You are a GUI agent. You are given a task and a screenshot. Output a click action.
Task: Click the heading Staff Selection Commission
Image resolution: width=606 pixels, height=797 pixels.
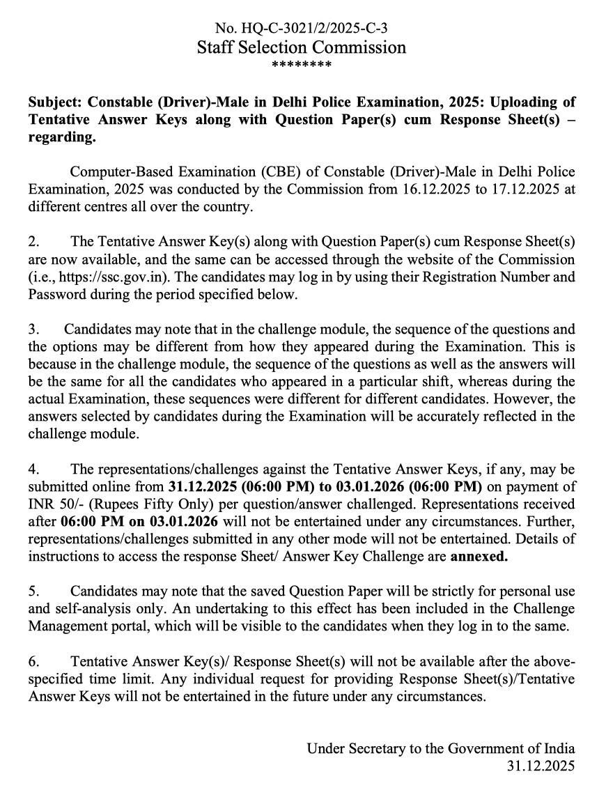[301, 47]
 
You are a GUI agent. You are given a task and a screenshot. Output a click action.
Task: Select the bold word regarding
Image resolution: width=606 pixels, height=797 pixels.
[61, 137]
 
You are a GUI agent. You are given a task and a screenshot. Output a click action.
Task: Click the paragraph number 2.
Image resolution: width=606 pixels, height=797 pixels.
[33, 242]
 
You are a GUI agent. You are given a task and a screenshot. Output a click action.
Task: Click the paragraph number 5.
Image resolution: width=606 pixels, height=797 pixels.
[33, 591]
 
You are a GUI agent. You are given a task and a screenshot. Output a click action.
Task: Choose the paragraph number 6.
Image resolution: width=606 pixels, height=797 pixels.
[33, 660]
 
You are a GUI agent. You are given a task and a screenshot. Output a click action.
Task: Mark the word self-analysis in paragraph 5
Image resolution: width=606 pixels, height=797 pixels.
[88, 608]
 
